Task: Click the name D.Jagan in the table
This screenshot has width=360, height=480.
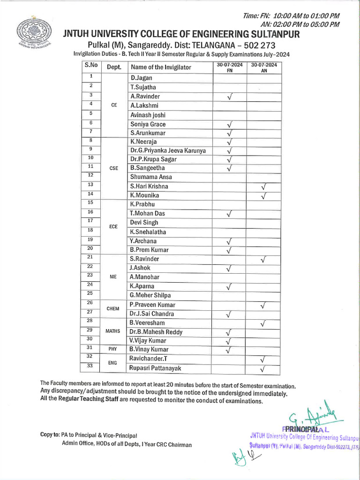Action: [142, 78]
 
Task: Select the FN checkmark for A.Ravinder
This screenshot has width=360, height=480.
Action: [230, 97]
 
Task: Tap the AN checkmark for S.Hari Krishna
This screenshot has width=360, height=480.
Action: [263, 187]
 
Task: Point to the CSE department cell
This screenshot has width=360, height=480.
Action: [113, 168]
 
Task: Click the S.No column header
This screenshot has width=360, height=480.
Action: [91, 66]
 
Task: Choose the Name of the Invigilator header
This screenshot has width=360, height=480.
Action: [161, 67]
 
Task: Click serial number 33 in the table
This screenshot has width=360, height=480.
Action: [91, 366]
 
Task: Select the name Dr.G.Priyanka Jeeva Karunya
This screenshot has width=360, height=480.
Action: [168, 150]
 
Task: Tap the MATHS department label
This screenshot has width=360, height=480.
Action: [113, 331]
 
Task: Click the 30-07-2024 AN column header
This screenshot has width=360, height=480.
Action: [264, 67]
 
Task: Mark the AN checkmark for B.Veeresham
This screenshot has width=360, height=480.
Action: [263, 323]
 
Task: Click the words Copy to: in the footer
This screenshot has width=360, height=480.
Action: [50, 435]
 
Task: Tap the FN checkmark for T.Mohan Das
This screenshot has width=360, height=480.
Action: [230, 214]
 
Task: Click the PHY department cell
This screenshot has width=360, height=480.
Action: [113, 349]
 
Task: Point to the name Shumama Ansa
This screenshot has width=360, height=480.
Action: [151, 177]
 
